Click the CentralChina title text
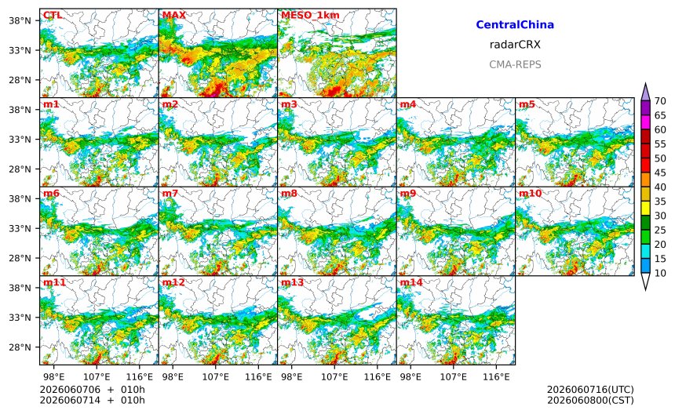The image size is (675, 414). click(515, 24)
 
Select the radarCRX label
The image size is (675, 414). click(515, 44)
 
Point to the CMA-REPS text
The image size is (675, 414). click(515, 64)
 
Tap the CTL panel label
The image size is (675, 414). click(53, 16)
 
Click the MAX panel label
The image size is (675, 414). click(174, 16)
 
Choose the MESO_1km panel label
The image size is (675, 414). click(310, 16)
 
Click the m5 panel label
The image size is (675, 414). click(527, 104)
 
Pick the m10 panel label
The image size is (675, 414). click(530, 194)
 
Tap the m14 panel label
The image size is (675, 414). click(411, 282)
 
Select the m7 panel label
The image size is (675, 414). click(170, 194)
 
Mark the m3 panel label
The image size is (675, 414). click(289, 104)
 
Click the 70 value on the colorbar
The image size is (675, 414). click(660, 101)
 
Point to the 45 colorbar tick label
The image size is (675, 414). click(660, 172)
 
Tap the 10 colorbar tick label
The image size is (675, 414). click(660, 273)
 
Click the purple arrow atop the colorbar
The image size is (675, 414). click(645, 92)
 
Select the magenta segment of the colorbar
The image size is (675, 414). click(645, 122)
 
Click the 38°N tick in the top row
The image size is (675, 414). click(20, 20)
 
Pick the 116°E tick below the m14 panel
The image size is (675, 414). click(496, 377)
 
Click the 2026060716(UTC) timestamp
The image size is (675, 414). click(590, 390)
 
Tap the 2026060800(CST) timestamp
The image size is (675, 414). click(590, 400)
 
